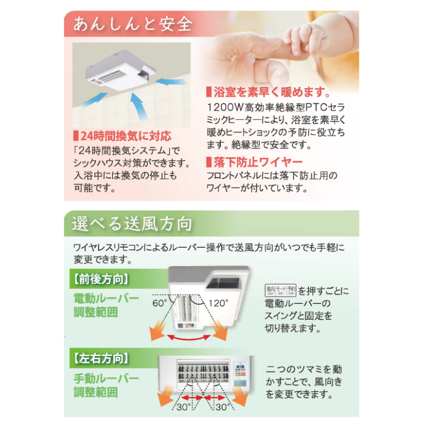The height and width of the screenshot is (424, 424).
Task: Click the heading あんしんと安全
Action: pyautogui.click(x=132, y=24)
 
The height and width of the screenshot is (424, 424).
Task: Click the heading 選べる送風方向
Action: pyautogui.click(x=132, y=224)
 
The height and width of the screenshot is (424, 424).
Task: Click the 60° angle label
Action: pyautogui.click(x=160, y=303)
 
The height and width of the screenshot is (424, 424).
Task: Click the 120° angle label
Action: pyautogui.click(x=219, y=303)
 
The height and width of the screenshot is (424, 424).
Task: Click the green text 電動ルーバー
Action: pyautogui.click(x=107, y=298)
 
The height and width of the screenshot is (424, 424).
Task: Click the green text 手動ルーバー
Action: pyautogui.click(x=107, y=379)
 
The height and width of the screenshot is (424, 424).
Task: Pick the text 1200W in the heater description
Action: pyautogui.click(x=221, y=106)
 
